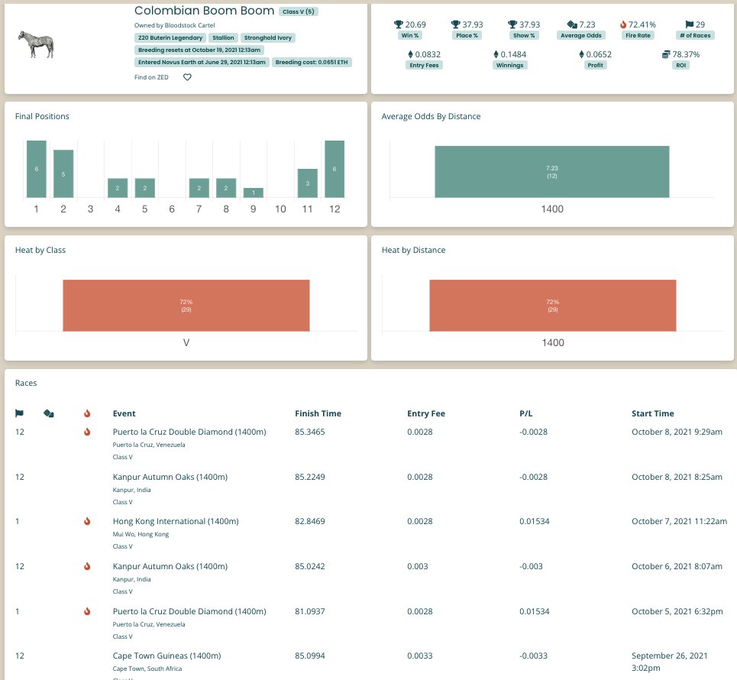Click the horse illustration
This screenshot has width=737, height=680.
(36, 44)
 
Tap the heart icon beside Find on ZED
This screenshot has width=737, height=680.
(187, 77)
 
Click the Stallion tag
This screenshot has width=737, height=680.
(223, 37)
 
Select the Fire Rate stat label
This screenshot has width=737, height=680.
(638, 35)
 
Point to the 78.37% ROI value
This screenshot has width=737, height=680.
(686, 54)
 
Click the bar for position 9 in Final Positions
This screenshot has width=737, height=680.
(254, 193)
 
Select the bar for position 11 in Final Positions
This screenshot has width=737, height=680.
(307, 183)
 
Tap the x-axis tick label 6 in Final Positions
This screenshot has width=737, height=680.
(172, 209)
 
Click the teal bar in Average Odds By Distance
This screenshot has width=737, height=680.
(552, 172)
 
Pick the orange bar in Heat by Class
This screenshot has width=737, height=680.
(186, 306)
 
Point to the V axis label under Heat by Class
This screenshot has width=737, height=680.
(186, 342)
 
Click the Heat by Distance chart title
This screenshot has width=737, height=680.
(413, 250)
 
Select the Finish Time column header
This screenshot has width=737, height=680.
(318, 413)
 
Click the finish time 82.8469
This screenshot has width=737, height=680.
(310, 521)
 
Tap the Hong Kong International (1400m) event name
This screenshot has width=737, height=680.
(176, 521)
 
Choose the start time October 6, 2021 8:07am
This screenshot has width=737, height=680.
(677, 566)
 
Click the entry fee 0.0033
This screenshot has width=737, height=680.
(420, 656)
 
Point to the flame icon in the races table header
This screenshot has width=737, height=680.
(87, 413)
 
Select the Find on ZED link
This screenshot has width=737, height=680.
(151, 77)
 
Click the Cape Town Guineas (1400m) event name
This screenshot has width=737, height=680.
(166, 656)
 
